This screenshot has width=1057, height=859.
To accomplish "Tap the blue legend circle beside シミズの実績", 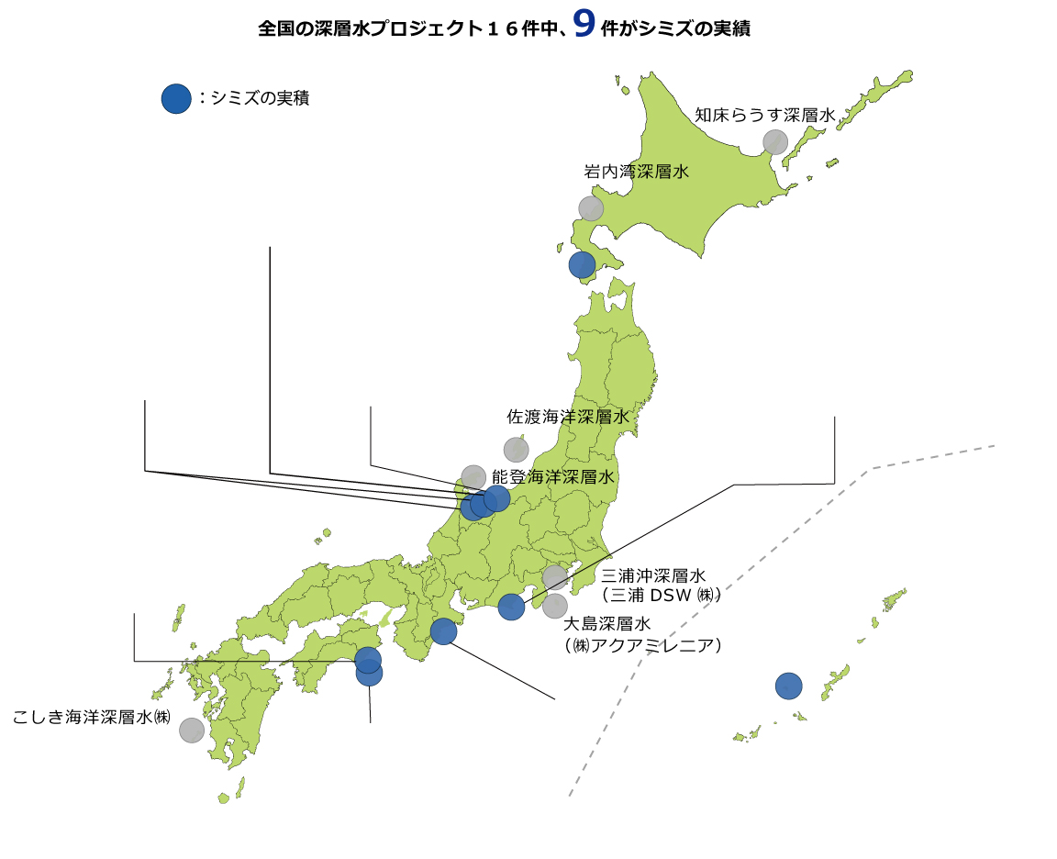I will coord(175,98).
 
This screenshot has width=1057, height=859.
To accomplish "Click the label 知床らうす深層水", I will coord(764,116).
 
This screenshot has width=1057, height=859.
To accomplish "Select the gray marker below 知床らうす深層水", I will coord(775,141).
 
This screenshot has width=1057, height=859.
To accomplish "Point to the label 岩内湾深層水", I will coord(636,172).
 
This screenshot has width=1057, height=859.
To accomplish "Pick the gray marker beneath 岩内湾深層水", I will coord(591,208).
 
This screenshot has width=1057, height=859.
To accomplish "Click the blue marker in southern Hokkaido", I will coord(582,265).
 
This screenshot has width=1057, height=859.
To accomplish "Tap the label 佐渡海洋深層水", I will coord(569,417).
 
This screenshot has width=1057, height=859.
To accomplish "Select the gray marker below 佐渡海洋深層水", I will coord(516,450).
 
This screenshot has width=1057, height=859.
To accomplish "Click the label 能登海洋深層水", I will coord(552,477).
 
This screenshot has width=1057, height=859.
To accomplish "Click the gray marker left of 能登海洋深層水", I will coord(473,477).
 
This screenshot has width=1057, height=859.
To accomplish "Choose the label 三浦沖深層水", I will coord(652,576).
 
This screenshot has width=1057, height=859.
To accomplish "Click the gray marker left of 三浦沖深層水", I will coord(554,577).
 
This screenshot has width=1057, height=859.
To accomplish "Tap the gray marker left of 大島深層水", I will coord(554,606).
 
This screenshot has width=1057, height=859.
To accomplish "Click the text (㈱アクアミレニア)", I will coord(642,645).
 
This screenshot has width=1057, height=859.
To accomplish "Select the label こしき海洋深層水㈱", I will coord(92,717).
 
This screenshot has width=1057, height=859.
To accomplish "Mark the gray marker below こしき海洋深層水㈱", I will coord(192,730).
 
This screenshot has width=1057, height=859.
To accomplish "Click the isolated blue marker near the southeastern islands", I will coord(788,686).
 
